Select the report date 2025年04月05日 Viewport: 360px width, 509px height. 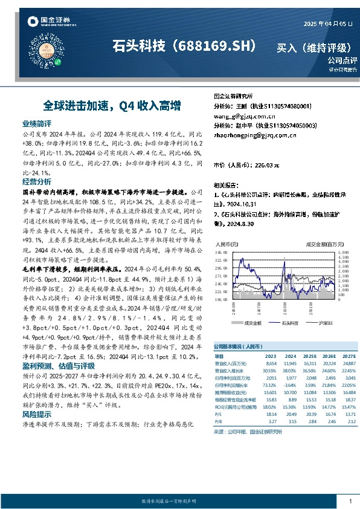(x=329, y=24)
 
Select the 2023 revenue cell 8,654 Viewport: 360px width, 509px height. (x=270, y=363)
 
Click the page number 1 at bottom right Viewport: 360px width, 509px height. (x=350, y=501)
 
